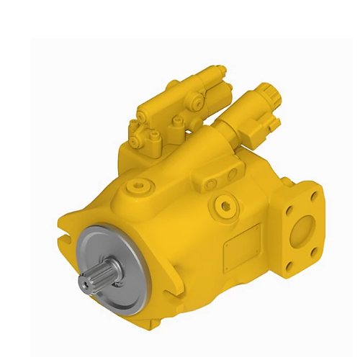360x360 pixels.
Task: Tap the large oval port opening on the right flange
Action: (x=302, y=230)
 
